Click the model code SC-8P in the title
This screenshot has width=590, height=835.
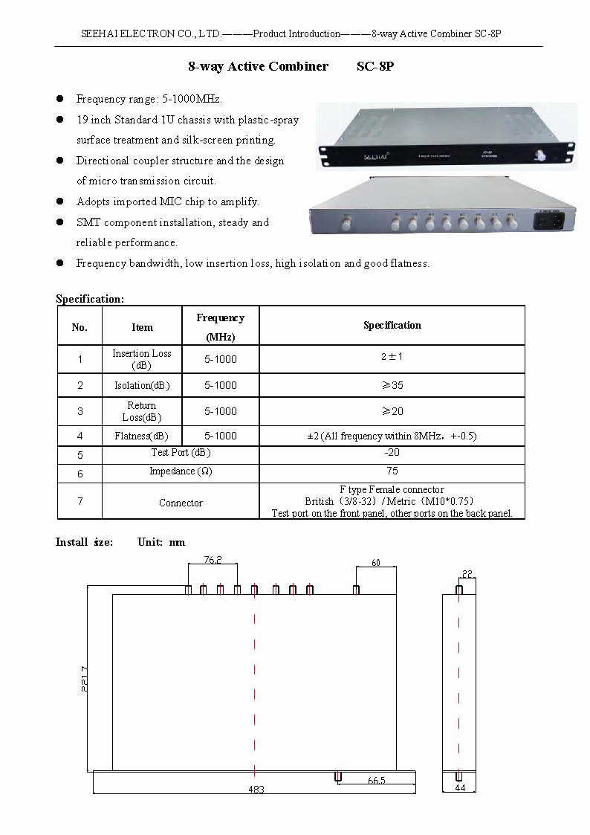point(375,67)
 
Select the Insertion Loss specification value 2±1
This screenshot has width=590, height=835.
point(392,357)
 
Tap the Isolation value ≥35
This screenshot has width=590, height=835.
point(392,385)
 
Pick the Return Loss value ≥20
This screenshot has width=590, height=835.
point(392,411)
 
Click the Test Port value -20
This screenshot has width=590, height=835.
point(392,452)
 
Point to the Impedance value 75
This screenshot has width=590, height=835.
point(392,471)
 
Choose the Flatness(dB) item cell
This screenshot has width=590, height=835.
point(141,436)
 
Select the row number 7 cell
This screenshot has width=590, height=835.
point(80,501)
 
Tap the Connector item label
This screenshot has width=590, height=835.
point(181,503)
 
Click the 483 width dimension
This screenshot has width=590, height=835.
point(255,789)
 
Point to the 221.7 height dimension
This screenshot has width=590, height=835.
point(85,677)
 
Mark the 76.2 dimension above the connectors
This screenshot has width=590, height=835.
point(213,560)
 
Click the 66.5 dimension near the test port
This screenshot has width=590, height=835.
point(376,781)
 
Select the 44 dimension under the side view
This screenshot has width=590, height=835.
point(459,787)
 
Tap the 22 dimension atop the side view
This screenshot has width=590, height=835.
point(467,573)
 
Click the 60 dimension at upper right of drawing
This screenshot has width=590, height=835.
point(375,563)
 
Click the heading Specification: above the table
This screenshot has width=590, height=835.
point(90,299)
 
